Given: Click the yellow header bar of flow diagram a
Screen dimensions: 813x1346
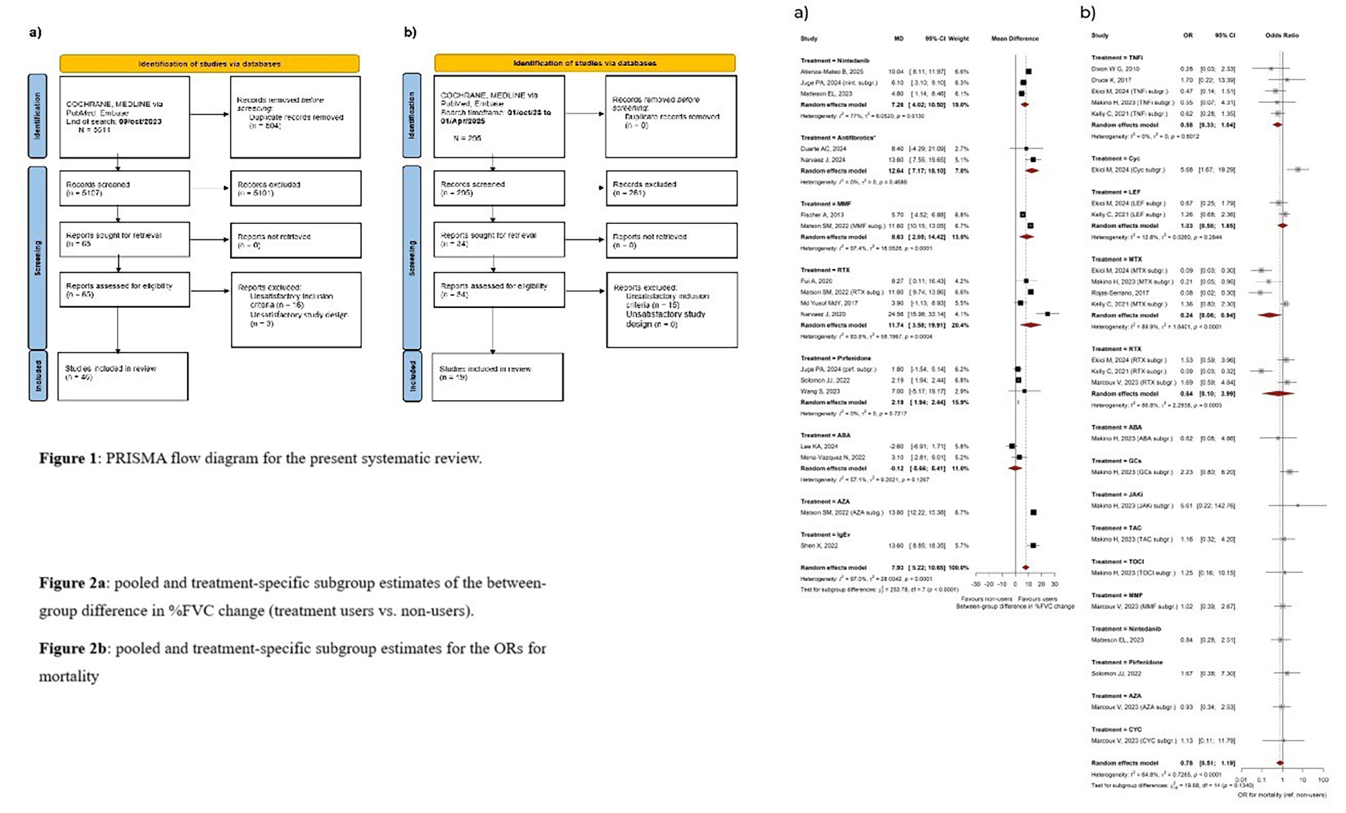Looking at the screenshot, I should coord(209,64).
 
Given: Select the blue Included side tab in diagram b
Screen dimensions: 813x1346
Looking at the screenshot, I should coord(413,377).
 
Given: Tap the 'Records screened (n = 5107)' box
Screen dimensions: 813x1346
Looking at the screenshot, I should coord(125,188).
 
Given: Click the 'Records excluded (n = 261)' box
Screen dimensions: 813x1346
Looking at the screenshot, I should coord(671,188).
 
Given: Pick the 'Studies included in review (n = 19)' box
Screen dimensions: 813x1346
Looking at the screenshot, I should coord(497,377).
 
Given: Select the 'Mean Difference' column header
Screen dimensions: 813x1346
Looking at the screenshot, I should coord(1014,38).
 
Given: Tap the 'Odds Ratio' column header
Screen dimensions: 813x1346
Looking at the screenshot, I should coord(1281,35).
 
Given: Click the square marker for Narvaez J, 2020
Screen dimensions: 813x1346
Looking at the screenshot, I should coord(1047,314).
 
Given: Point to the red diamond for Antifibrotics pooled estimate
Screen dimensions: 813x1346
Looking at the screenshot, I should coord(1031,171).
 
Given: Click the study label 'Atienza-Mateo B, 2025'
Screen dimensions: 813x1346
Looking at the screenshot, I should coord(831,71).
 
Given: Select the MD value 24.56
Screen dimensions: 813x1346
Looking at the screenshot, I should coord(898,314).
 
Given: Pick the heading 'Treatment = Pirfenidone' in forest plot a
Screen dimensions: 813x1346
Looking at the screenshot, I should coord(835,358).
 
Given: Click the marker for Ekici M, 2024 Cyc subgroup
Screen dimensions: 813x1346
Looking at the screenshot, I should coord(1298,169).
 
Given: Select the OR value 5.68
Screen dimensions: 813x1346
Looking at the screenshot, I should coord(1186,169).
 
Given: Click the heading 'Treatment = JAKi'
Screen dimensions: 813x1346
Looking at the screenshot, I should coord(1117,494).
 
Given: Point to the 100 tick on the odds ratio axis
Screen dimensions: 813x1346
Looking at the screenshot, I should coord(1322,780).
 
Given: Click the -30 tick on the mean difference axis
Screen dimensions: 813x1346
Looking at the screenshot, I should coord(977,584).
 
